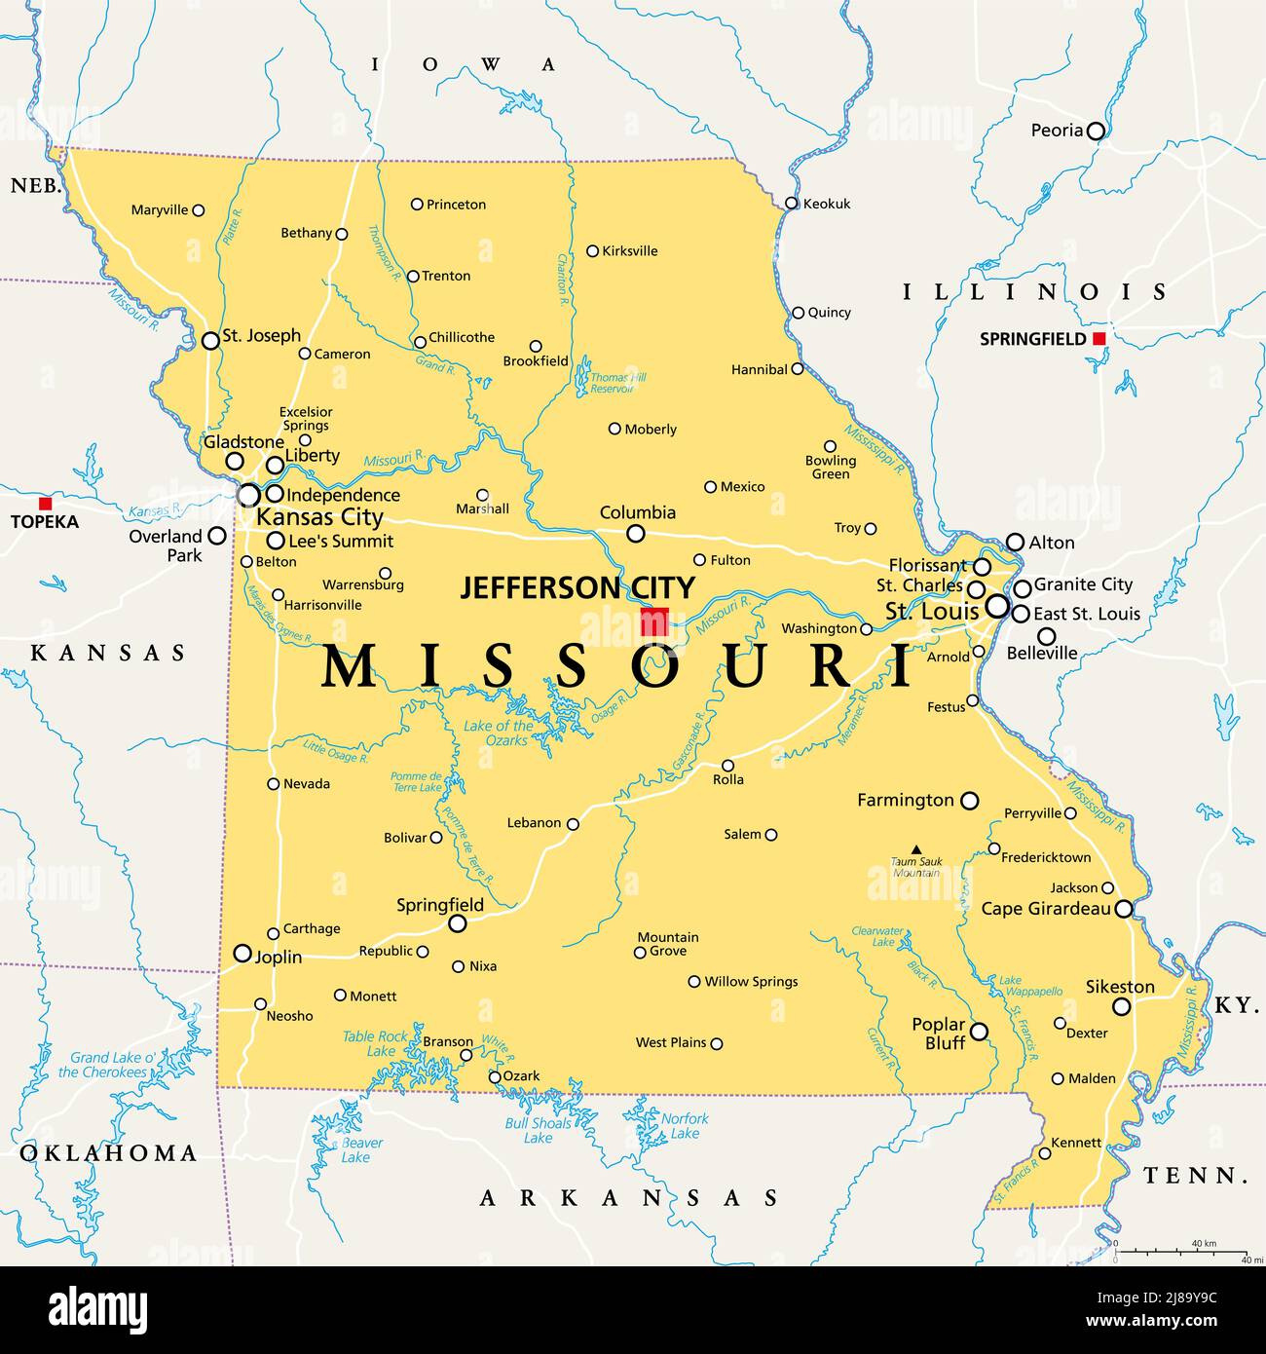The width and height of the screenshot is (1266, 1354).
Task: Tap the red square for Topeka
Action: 45,504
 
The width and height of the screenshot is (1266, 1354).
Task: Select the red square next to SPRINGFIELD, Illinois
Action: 1098,339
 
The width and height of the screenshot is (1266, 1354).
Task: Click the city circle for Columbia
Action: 635,533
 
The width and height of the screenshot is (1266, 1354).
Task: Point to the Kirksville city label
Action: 629,251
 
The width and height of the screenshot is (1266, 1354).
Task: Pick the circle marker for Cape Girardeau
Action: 1124,909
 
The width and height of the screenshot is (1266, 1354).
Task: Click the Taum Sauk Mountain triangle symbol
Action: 915,849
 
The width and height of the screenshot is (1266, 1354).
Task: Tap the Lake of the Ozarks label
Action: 499,733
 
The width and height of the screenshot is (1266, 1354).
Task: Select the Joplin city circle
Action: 242,953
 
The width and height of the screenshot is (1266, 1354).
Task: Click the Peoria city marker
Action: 1096,131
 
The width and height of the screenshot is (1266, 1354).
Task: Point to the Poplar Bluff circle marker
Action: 979,1031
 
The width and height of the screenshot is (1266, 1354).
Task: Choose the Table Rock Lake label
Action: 375,1043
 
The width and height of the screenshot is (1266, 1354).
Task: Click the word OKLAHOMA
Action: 108,1153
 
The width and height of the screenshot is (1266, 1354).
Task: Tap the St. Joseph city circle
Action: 210,341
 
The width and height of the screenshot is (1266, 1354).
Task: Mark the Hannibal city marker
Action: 798,369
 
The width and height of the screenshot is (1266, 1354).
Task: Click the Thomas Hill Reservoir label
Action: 618,383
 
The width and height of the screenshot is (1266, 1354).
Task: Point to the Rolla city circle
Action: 727,765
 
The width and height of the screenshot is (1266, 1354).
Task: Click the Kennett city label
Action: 1076,1143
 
